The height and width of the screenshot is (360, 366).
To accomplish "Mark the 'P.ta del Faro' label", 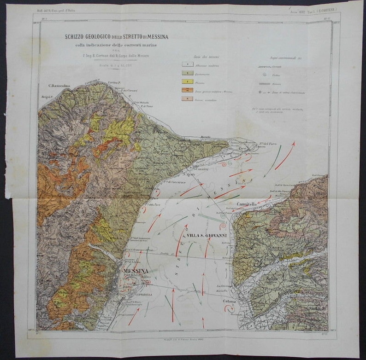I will click(x=271, y=142).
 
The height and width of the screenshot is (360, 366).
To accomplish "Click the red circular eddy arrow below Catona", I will click(x=229, y=309).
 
